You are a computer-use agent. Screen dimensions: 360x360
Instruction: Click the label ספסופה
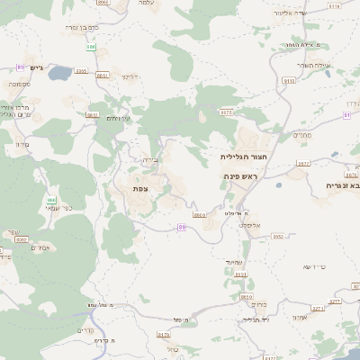point(17,84)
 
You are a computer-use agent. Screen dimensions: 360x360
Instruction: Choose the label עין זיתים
point(118,118)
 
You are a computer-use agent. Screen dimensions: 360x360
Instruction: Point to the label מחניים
point(301,135)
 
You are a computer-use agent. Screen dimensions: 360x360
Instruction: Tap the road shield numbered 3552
point(278,236)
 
